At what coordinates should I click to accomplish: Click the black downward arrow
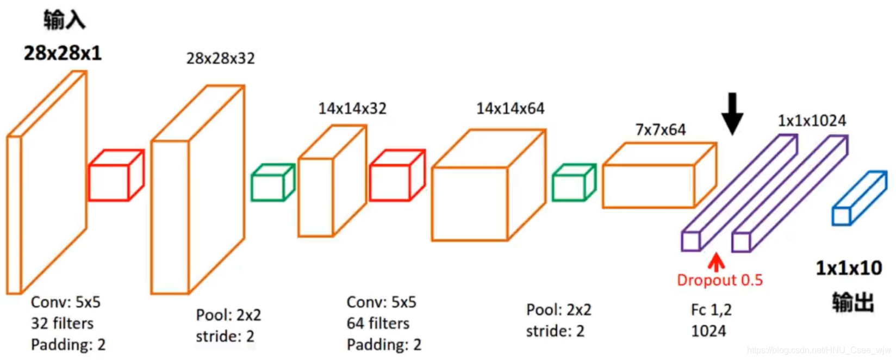coord(732,113)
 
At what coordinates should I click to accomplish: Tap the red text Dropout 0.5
coord(720,280)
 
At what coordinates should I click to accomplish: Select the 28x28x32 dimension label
coord(220,58)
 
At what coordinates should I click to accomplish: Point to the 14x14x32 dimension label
coord(352,109)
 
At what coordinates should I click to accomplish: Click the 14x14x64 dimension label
coord(510,109)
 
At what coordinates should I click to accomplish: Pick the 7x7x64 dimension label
coord(661,130)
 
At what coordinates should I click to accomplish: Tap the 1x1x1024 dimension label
coord(812,121)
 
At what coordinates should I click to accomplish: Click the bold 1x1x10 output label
coord(849,268)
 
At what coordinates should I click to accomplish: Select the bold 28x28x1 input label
coord(63,53)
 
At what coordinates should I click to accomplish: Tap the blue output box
coord(858,198)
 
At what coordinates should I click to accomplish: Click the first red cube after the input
coord(116,176)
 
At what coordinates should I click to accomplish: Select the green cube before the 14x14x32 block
coord(272,183)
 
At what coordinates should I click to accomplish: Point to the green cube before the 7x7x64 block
coord(574,183)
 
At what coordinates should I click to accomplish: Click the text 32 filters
coord(62,324)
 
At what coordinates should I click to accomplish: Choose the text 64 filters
coord(378,324)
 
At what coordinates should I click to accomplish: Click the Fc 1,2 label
coord(711,310)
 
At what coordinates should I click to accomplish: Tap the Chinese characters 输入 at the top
coord(64,20)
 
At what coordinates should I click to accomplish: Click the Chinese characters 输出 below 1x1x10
coord(853,302)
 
